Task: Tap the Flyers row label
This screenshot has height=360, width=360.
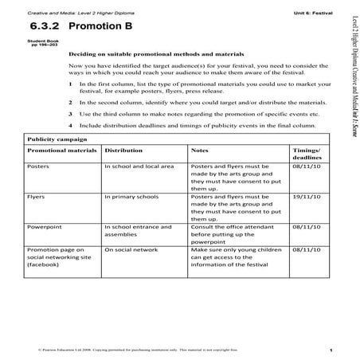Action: pos(36,196)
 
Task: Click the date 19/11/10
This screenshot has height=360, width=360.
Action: pos(307,196)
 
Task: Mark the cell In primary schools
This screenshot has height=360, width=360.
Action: pos(132,196)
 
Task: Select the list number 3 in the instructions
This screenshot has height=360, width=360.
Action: pos(72,114)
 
